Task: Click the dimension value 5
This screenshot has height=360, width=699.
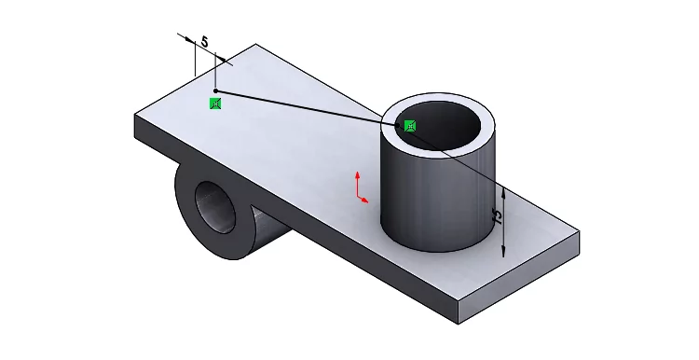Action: point(204,42)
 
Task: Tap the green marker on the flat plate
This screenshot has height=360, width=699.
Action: point(215,104)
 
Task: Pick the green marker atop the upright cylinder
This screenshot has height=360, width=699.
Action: point(410,126)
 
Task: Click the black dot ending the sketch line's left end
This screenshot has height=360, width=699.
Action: point(215,90)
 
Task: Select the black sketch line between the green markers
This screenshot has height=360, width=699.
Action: point(308,107)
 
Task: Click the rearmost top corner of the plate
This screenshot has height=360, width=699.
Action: point(254,44)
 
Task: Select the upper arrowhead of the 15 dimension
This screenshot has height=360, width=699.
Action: point(503,190)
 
